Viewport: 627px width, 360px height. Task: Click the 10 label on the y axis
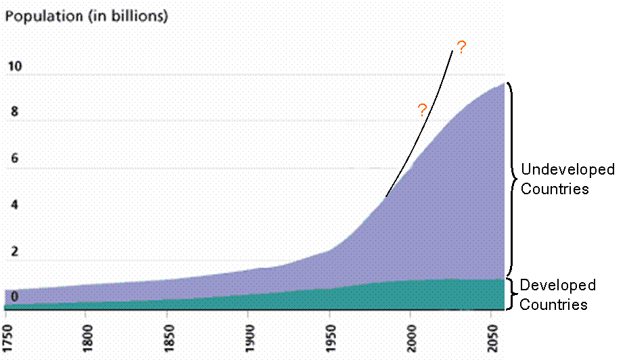point(15,67)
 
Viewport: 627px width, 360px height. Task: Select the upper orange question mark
point(461,48)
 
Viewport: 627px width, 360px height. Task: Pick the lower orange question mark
point(422,110)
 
